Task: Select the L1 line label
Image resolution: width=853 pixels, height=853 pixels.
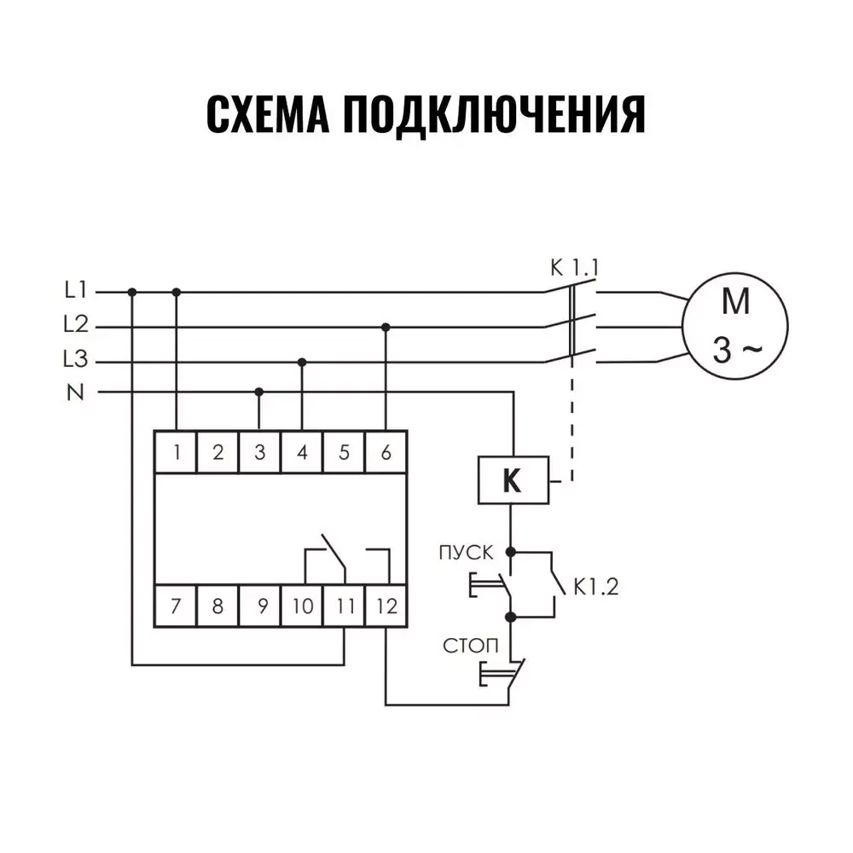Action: pos(76,291)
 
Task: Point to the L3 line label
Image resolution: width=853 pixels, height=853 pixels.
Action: pos(76,361)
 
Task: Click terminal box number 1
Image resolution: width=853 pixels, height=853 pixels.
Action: pos(176,452)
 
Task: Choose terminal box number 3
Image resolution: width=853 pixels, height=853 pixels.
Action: pos(259,452)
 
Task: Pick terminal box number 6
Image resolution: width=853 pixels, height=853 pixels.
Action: pos(386,452)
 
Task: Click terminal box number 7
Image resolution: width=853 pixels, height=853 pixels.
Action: pos(176,606)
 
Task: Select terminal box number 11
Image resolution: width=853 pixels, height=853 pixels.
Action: pos(344,606)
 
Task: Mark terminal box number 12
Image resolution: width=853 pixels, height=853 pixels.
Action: pos(386,606)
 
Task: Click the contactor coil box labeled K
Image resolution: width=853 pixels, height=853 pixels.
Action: pos(512,480)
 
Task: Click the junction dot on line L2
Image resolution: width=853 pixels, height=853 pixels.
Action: pos(386,327)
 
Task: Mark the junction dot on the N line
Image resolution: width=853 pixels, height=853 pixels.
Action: pos(259,392)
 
